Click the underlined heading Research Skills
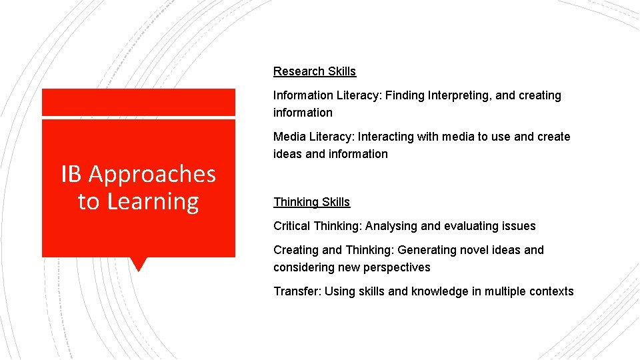315,71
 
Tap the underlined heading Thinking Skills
311,202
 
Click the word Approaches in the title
152,174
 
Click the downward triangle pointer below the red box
138,264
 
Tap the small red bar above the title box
138,103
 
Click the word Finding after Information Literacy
405,95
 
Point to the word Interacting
386,137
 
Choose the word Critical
292,226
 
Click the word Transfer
295,291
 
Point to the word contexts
550,291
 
